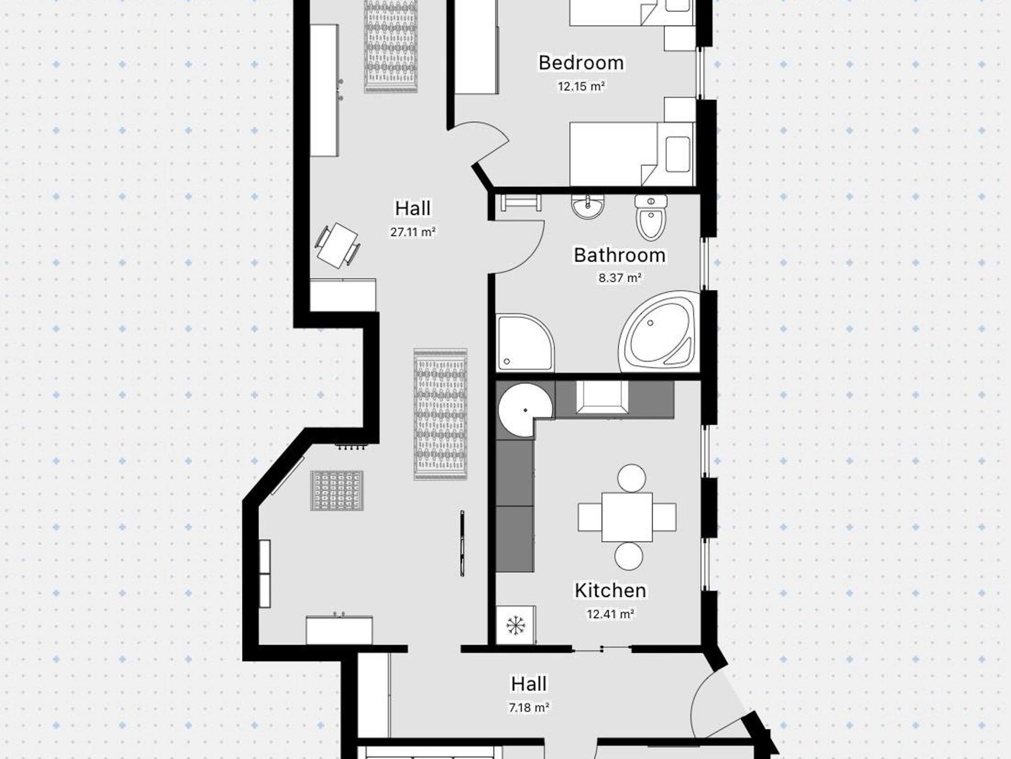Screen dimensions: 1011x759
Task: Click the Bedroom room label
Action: coord(581,63)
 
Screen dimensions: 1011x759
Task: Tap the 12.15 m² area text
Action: coord(581,86)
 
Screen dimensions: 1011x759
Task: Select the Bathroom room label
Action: coord(620,255)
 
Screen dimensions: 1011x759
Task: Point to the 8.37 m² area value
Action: coord(620,278)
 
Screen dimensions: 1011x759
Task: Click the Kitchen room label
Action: coord(610,590)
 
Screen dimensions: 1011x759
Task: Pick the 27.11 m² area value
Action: coord(413,232)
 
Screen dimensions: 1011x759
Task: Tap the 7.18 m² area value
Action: coord(529,708)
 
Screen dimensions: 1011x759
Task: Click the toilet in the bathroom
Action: coord(651,218)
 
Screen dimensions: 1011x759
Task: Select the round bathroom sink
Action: coord(587,206)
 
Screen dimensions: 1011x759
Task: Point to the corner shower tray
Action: coord(525,342)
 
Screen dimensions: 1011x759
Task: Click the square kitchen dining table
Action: coord(627,517)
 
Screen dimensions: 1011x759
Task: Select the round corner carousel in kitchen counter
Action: coord(524,411)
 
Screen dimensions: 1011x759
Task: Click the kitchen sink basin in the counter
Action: coord(602,396)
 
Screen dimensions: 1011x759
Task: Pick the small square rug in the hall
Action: coord(337,491)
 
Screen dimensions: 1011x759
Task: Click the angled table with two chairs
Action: coord(338,246)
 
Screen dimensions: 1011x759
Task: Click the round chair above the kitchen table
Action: coord(631,478)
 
